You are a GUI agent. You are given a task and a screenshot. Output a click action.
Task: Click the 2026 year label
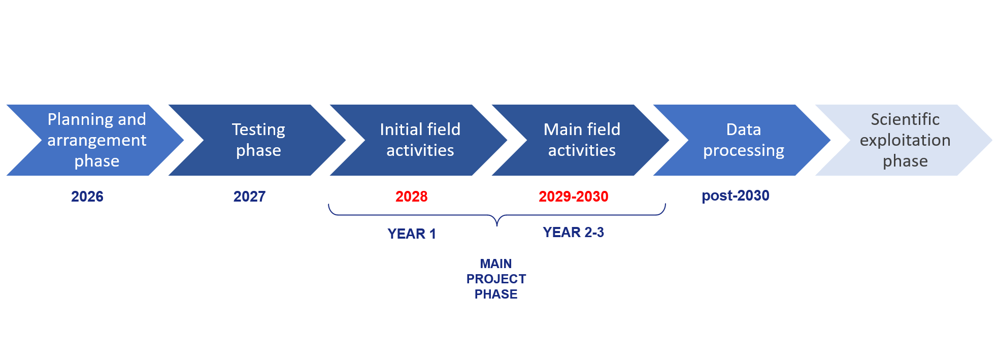87,197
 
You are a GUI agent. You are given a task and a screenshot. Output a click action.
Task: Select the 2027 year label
249,197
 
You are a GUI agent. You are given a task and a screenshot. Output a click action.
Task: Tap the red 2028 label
411,197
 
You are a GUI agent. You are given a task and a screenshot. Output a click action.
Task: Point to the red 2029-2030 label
573,197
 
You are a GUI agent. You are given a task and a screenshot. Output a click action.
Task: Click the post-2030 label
735,195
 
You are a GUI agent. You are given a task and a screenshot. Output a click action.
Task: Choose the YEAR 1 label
411,234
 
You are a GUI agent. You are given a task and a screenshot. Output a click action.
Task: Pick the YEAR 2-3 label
573,232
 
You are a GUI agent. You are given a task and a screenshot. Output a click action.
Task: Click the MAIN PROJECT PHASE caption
496,279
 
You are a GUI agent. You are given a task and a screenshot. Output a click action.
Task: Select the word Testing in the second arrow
258,129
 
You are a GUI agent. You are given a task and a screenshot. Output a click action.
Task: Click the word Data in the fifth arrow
743,129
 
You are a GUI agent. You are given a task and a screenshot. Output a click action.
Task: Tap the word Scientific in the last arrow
905,119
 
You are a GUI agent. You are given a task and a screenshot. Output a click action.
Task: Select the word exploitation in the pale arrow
905,140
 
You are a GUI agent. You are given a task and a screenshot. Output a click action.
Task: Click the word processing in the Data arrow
743,151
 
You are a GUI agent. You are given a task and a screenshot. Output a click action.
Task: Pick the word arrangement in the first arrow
97,140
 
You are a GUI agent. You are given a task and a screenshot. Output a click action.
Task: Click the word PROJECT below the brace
496,279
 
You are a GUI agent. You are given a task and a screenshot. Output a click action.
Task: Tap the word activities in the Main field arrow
582,150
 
